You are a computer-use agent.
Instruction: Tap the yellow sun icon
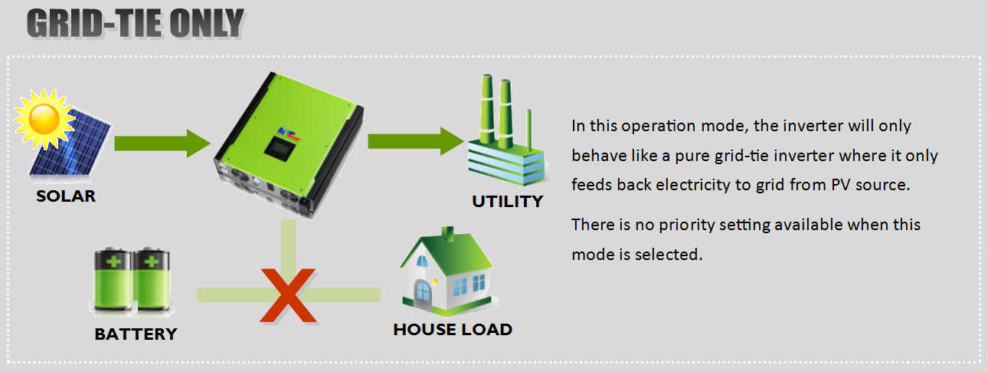click(41, 118)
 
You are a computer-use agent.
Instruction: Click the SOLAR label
click(66, 196)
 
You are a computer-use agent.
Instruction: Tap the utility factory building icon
click(505, 134)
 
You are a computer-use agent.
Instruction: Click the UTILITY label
click(507, 202)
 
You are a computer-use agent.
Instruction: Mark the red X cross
click(287, 295)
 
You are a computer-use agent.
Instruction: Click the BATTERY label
click(136, 334)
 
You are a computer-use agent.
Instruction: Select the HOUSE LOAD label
click(453, 330)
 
